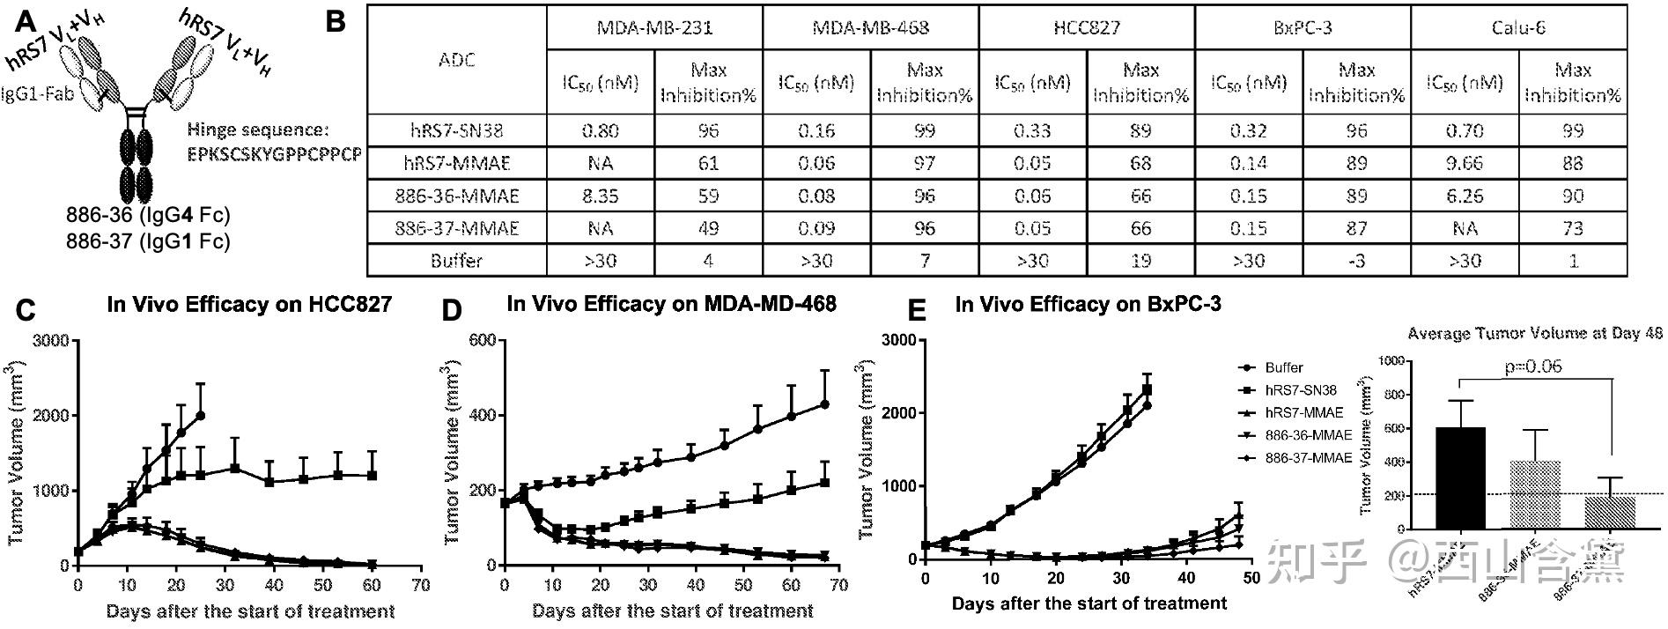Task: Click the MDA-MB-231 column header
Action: (x=654, y=27)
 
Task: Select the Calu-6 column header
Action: (x=1517, y=27)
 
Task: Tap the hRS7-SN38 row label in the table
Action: (x=455, y=130)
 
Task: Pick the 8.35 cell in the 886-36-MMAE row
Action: (x=601, y=196)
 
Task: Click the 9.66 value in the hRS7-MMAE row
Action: (x=1465, y=163)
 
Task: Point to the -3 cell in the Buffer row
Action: (x=1356, y=261)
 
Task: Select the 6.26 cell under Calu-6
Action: (x=1465, y=196)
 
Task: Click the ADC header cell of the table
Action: (x=456, y=60)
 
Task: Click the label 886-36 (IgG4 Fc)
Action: (x=148, y=216)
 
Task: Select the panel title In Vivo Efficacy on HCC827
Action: (x=249, y=305)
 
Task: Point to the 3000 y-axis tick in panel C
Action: (x=52, y=341)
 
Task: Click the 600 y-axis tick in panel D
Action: (x=483, y=341)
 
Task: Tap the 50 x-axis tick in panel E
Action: (x=1251, y=578)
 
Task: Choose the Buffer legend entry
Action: (x=1283, y=367)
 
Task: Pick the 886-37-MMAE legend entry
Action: (x=1307, y=459)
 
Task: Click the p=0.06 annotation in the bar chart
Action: (x=1533, y=366)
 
